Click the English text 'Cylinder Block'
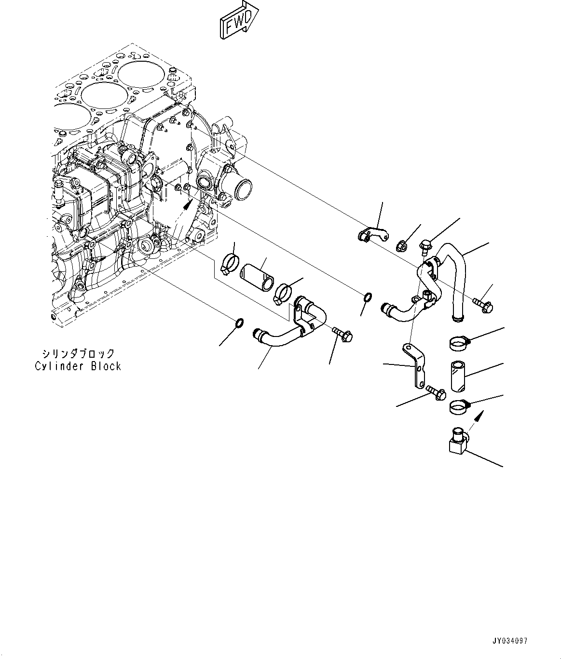pos(78,366)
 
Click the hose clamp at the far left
pos(231,263)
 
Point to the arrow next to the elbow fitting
pos(476,417)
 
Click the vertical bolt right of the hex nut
pos(425,247)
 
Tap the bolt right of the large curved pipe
pos(483,305)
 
